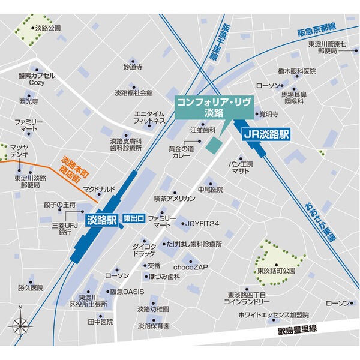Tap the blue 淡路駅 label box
tap(101, 220)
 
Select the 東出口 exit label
tap(133, 219)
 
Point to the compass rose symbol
tap(20, 326)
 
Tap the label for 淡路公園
tap(48, 28)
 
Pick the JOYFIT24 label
tap(202, 223)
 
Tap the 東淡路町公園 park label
tap(277, 271)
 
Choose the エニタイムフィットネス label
tap(149, 117)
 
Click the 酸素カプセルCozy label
tap(37, 79)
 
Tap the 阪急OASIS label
tap(127, 292)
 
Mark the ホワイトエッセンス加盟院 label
tap(273, 314)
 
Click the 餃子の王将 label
tap(59, 205)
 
